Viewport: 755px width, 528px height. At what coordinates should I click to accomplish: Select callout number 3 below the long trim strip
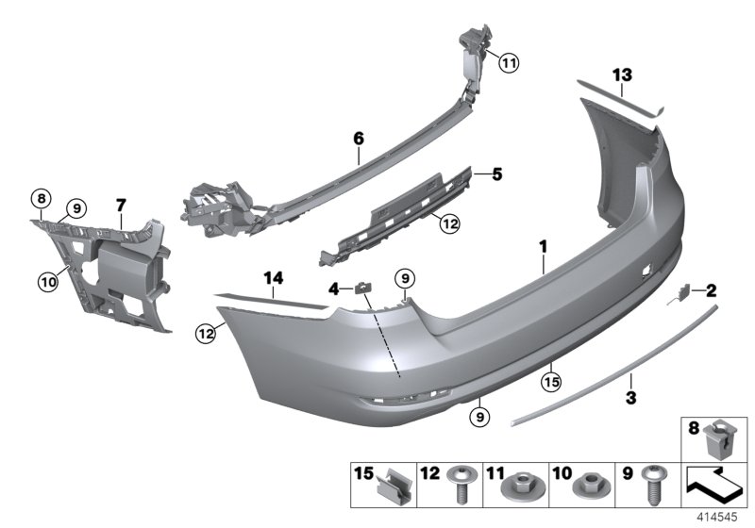point(631,397)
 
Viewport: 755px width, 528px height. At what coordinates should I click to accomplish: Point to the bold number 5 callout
point(497,173)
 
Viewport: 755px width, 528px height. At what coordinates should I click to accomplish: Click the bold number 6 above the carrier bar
point(359,139)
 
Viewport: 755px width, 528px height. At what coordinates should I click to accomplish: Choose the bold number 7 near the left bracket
point(120,204)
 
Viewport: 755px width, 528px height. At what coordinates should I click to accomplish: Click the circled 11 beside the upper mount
point(509,64)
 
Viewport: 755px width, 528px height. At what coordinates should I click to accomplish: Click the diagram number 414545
point(718,518)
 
